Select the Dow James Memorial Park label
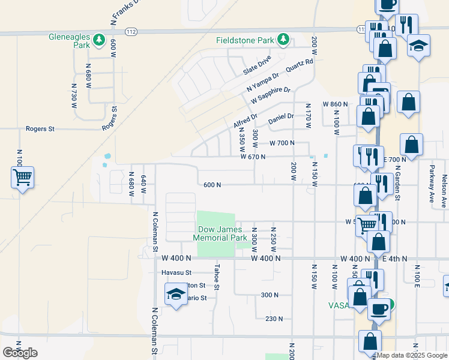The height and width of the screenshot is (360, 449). (x=220, y=233)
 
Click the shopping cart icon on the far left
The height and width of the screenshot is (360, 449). (x=22, y=177)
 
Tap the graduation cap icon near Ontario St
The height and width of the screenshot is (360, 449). (x=175, y=295)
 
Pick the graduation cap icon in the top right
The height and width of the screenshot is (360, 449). (x=418, y=46)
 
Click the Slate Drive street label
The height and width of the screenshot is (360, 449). (x=257, y=65)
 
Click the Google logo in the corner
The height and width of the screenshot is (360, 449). (x=20, y=353)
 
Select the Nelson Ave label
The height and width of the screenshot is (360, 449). (x=444, y=191)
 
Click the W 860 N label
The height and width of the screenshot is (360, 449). (x=335, y=104)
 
